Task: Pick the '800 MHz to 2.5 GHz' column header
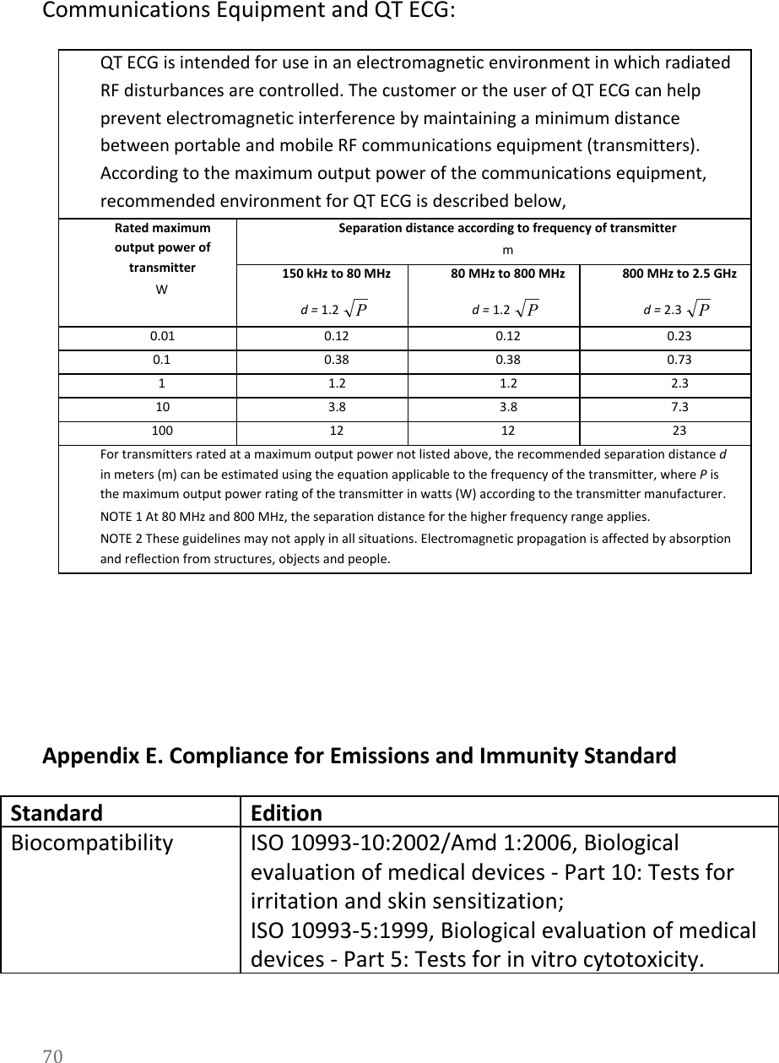[679, 274]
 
